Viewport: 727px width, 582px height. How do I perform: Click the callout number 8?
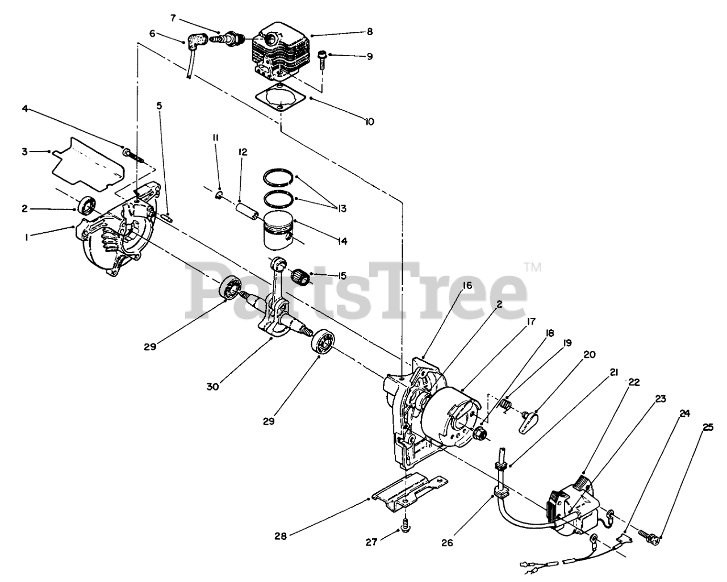[369, 32]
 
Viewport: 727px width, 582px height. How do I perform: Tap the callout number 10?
[369, 122]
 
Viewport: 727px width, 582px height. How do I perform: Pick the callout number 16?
[466, 286]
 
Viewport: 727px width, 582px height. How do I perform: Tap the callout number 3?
[24, 151]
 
